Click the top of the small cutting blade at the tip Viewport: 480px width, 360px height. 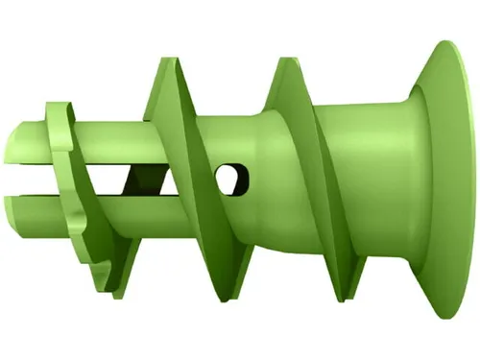58,102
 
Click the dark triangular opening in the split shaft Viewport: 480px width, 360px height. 144,178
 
